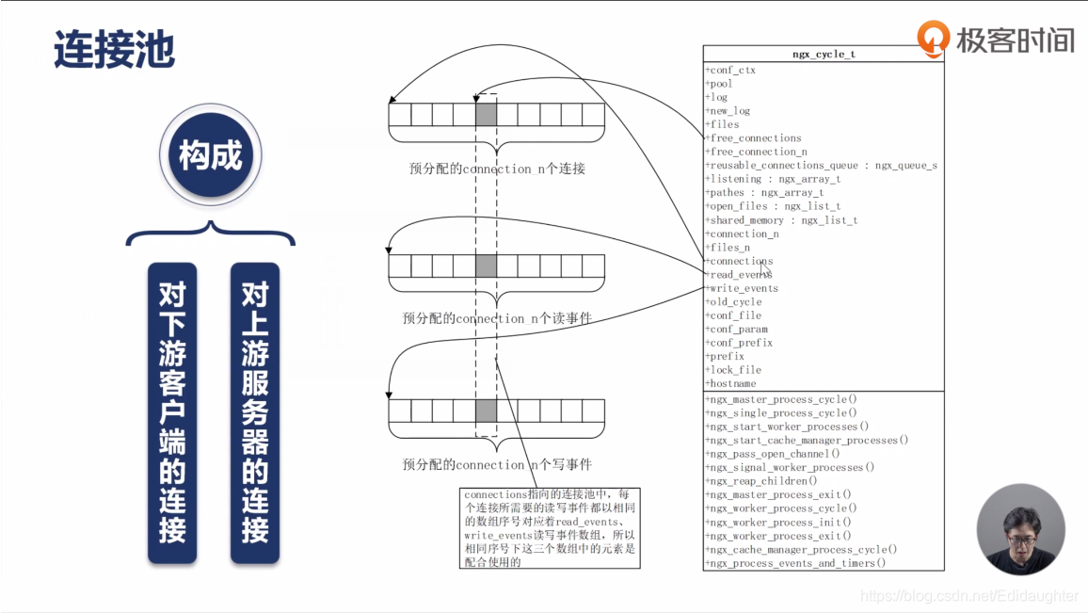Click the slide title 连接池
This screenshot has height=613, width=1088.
pyautogui.click(x=114, y=49)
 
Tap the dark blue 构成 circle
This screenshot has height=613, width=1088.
pyautogui.click(x=210, y=156)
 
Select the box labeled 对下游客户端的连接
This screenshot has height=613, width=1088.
pyautogui.click(x=172, y=412)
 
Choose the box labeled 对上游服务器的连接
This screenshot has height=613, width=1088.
pyautogui.click(x=255, y=412)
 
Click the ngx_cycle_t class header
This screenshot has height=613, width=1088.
pyautogui.click(x=824, y=55)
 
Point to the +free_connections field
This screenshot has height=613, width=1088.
pyautogui.click(x=753, y=138)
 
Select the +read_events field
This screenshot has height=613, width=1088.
pyautogui.click(x=740, y=275)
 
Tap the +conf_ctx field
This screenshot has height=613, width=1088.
pyautogui.click(x=730, y=70)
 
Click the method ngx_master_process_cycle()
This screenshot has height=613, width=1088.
pyautogui.click(x=781, y=399)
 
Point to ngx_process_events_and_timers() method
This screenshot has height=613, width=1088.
pyautogui.click(x=795, y=563)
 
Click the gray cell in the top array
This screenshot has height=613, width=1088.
pyautogui.click(x=486, y=115)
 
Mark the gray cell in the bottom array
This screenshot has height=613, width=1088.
pyautogui.click(x=486, y=411)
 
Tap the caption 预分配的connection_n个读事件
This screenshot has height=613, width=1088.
pyautogui.click(x=496, y=318)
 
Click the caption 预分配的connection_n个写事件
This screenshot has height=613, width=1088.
pyautogui.click(x=496, y=464)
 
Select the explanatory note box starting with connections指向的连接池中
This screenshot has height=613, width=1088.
pyautogui.click(x=552, y=527)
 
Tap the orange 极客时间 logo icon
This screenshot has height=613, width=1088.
pyautogui.click(x=934, y=38)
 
